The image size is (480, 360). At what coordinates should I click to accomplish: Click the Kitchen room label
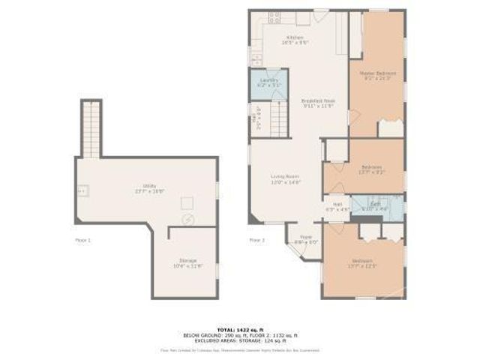point(293,39)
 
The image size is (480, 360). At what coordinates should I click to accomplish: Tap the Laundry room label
point(268,83)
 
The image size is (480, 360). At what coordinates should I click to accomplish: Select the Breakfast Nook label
point(317,103)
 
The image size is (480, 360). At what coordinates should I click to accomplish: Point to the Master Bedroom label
point(378,75)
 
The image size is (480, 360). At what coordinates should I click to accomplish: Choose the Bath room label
point(373,207)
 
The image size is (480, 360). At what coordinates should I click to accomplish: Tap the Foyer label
point(305,239)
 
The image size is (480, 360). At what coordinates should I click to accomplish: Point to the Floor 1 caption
point(82,240)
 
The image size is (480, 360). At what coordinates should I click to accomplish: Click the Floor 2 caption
point(256,240)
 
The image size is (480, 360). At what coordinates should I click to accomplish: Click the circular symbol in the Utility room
point(188,220)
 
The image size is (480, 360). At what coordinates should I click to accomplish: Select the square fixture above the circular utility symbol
point(187,202)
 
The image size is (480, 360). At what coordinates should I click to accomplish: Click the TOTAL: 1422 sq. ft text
point(239,328)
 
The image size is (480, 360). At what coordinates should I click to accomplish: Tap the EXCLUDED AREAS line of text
point(239,340)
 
